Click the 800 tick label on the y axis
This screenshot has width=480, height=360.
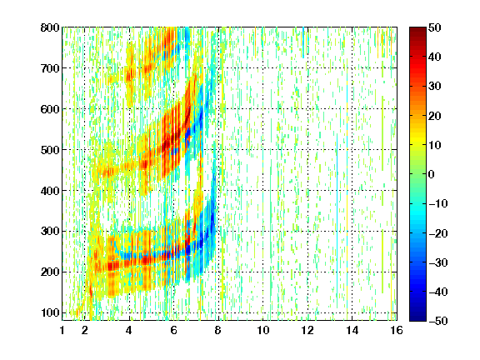pyautogui.click(x=50, y=27)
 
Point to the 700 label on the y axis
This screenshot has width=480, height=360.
pyautogui.click(x=50, y=68)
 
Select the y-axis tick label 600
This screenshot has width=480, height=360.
pyautogui.click(x=50, y=109)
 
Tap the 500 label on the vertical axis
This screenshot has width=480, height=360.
pyautogui.click(x=50, y=150)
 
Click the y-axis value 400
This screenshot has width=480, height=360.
pyautogui.click(x=50, y=191)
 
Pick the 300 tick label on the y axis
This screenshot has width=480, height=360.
pyautogui.click(x=50, y=232)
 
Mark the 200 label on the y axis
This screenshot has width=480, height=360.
pyautogui.click(x=50, y=272)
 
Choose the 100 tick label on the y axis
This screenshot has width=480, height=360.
pyautogui.click(x=50, y=312)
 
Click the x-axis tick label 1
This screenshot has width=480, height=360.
pyautogui.click(x=62, y=330)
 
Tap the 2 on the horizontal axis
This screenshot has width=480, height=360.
pyautogui.click(x=85, y=330)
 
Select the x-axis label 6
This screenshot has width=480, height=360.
pyautogui.click(x=173, y=330)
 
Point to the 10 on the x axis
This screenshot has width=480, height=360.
pyautogui.click(x=262, y=330)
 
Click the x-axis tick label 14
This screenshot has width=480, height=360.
pyautogui.click(x=352, y=330)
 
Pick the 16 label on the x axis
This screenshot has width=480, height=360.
pyautogui.click(x=397, y=330)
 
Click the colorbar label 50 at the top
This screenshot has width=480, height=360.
pyautogui.click(x=435, y=27)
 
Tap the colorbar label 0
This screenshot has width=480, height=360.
pyautogui.click(x=432, y=174)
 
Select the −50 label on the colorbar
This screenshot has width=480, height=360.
pyautogui.click(x=437, y=321)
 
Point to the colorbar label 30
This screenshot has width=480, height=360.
pyautogui.click(x=435, y=87)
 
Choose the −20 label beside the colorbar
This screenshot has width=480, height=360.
pyautogui.click(x=437, y=233)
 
